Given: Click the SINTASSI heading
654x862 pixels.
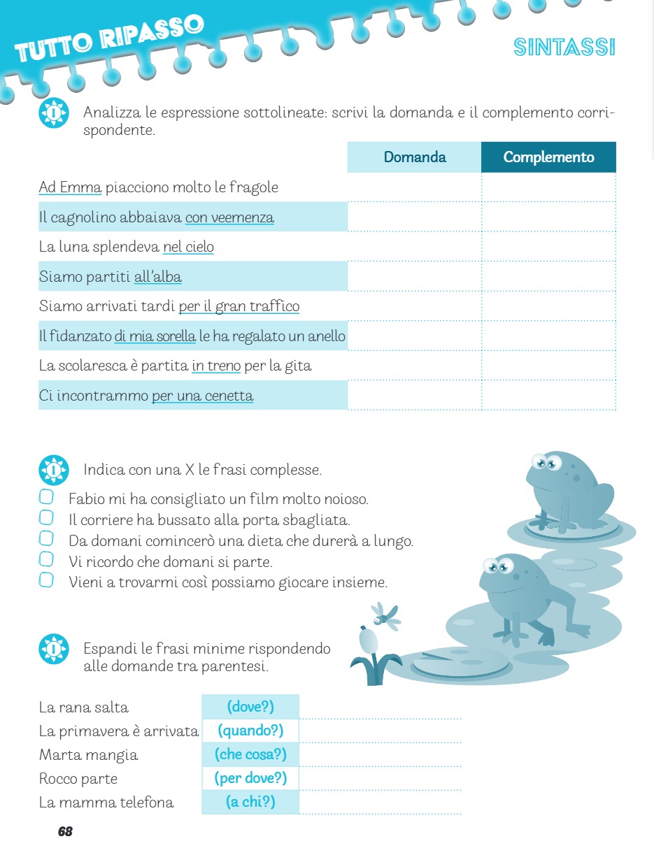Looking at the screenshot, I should coord(564,48).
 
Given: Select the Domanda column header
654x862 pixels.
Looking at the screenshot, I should coord(414,157).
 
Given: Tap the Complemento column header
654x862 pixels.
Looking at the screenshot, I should coord(548,157).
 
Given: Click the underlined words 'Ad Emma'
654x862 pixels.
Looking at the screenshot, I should coord(71,187).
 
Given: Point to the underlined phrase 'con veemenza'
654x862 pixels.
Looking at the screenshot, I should coord(229,217).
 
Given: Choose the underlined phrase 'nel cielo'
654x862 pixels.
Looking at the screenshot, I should coord(188,247).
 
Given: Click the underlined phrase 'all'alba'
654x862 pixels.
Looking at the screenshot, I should coord(157,277).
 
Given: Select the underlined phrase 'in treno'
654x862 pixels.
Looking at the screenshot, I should coord(216,366).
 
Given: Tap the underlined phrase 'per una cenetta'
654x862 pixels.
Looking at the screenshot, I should coord(202,396).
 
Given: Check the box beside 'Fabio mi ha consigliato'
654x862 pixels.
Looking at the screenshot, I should coord(46,497).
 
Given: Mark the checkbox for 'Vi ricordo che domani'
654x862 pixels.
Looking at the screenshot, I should coord(46,559).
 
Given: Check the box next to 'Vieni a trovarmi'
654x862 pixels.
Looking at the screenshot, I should coord(46,580).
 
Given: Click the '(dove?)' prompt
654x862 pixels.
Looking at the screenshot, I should coord(250,707).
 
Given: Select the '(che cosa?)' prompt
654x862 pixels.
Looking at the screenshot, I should coord(250,754).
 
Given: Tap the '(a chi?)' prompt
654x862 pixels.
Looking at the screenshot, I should coord(250,802).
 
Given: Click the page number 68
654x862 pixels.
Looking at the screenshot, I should coord(65,831).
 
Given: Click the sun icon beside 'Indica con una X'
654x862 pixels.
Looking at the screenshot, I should coord(54,470).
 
